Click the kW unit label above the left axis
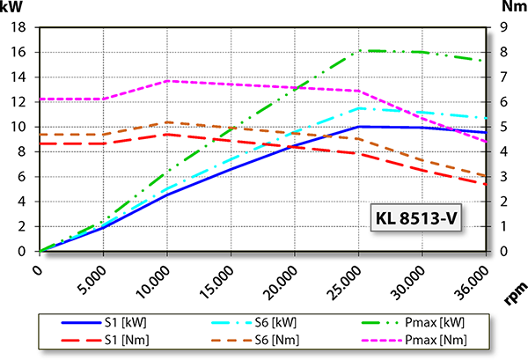15,8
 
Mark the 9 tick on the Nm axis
502,27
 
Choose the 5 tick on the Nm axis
502,127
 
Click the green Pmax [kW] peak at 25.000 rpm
357,51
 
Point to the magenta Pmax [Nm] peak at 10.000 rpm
166,81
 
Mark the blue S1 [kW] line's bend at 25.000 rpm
357,127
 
